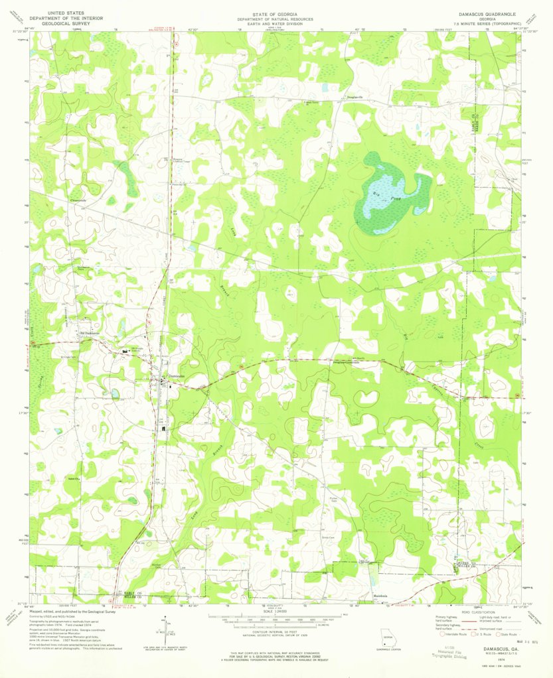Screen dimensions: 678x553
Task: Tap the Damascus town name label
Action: pyautogui.click(x=176, y=376)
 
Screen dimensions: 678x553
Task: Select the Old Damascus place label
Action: pyautogui.click(x=84, y=332)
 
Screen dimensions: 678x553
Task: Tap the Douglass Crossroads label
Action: pyautogui.click(x=346, y=362)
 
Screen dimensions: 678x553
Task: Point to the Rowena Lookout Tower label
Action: pyautogui.click(x=177, y=161)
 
